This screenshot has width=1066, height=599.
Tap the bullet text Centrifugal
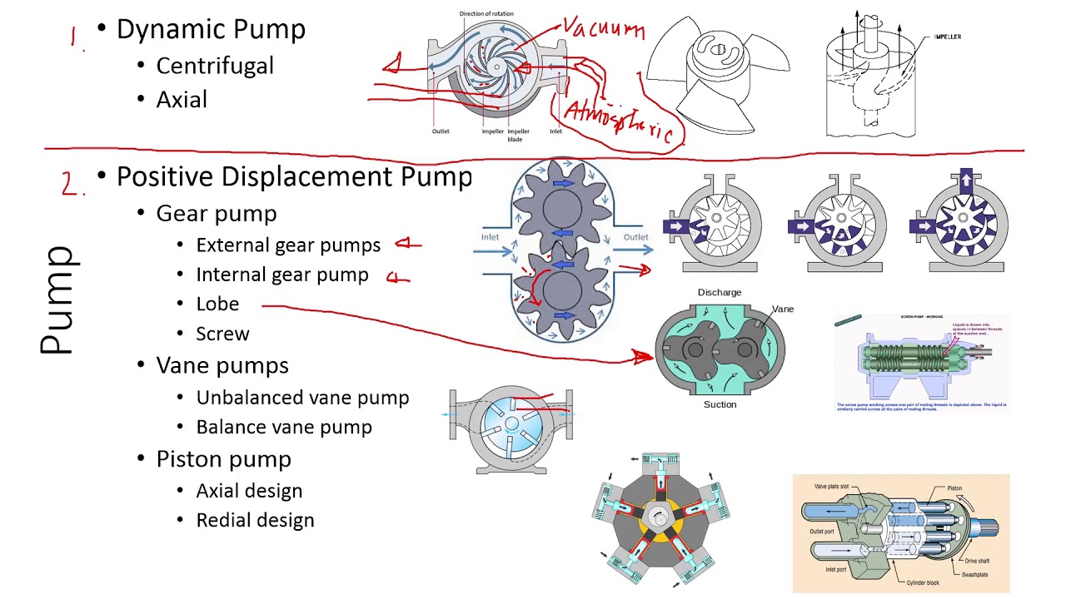click(215, 66)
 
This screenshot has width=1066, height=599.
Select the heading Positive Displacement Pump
click(294, 176)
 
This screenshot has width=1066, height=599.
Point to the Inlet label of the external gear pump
click(490, 237)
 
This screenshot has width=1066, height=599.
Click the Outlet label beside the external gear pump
click(635, 237)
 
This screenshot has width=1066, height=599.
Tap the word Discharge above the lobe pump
click(720, 292)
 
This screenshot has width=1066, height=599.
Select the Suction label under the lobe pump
click(720, 404)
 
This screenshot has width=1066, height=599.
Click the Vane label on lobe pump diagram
click(783, 309)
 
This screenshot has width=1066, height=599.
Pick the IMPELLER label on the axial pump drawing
click(947, 37)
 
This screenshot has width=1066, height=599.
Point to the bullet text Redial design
click(255, 520)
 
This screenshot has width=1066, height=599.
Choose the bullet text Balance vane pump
click(284, 427)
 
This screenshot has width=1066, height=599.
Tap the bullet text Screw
click(222, 334)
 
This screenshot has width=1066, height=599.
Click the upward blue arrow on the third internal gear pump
click(966, 181)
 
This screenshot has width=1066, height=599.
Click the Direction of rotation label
click(486, 14)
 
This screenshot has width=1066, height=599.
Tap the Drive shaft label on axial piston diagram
click(977, 561)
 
